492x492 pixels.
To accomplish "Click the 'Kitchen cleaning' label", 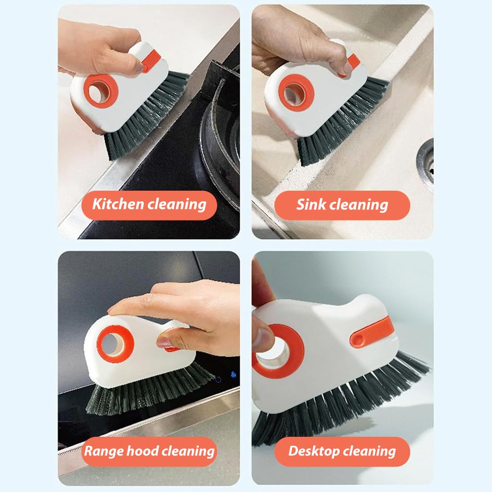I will point(149,205).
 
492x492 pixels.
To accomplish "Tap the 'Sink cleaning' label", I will point(342,205).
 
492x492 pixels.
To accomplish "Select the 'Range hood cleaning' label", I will point(149,451).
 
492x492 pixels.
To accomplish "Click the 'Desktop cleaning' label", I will point(342,451).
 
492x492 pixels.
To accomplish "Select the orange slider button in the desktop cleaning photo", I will point(369,333).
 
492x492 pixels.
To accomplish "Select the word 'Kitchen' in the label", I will point(118,205).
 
